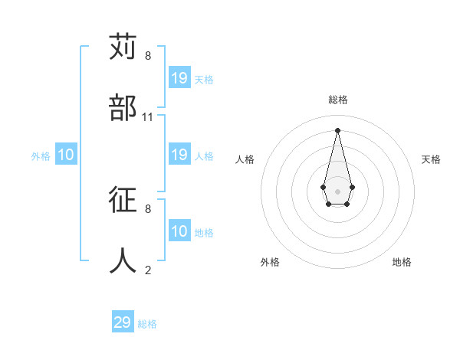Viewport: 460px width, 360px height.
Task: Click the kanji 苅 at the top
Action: tap(123, 47)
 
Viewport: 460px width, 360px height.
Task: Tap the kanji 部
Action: tap(123, 107)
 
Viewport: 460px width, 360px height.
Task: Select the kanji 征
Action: tap(123, 200)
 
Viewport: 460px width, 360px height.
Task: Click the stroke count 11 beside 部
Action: tap(148, 116)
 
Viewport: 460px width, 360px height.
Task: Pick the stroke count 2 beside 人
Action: tap(148, 270)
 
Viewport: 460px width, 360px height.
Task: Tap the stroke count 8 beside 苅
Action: tap(148, 56)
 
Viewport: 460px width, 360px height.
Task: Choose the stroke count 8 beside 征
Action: tap(148, 208)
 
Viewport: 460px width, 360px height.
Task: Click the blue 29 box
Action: tap(123, 322)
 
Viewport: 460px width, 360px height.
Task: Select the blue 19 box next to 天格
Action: tap(179, 78)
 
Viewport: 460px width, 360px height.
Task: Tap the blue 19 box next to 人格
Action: tap(179, 155)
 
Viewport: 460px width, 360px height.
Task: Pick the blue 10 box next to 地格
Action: tap(179, 231)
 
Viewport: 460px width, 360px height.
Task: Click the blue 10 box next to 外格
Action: tap(66, 155)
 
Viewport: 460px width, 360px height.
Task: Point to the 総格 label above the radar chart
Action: tap(338, 100)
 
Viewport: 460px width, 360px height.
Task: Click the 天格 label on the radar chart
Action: tap(431, 159)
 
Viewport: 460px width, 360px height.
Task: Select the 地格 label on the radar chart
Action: tap(402, 262)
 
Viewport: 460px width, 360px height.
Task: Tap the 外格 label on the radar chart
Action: tap(270, 262)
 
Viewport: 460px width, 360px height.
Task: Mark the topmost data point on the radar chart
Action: tap(337, 129)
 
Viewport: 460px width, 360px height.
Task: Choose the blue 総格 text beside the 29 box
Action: tap(147, 324)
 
